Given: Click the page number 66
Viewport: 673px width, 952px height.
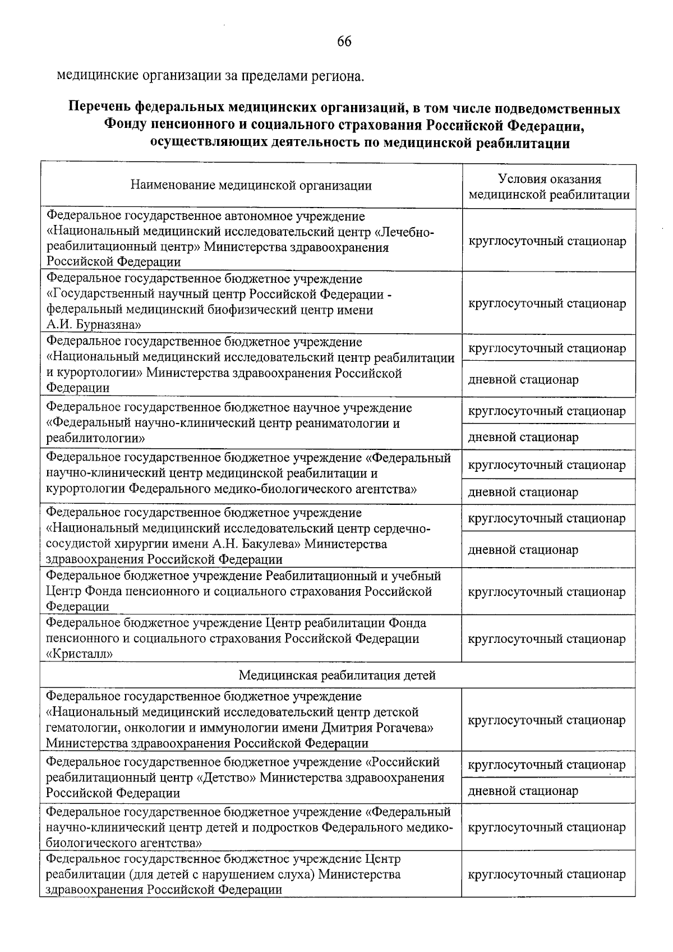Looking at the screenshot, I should [x=344, y=41].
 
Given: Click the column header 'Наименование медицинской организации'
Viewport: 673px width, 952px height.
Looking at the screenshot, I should [x=251, y=186].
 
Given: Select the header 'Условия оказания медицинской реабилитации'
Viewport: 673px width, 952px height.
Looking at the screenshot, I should [x=549, y=187].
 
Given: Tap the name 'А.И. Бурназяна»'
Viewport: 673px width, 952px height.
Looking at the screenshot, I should [x=94, y=325].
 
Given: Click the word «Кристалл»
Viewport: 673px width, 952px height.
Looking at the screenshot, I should [x=80, y=654].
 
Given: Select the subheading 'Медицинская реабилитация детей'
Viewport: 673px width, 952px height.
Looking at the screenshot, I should [x=337, y=675].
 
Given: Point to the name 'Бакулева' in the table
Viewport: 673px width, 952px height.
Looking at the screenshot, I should [x=264, y=544].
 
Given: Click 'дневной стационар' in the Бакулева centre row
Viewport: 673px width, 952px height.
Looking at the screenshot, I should [x=523, y=550].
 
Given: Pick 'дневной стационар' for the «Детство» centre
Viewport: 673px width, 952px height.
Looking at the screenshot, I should [x=523, y=791].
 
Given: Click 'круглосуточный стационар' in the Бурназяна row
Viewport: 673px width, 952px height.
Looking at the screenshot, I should [x=547, y=303].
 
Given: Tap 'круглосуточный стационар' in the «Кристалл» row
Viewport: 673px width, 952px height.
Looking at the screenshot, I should [x=547, y=639].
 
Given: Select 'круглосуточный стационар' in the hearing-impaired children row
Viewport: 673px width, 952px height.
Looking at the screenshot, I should [x=547, y=875].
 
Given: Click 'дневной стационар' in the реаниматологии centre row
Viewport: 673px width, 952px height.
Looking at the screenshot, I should [x=523, y=437].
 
